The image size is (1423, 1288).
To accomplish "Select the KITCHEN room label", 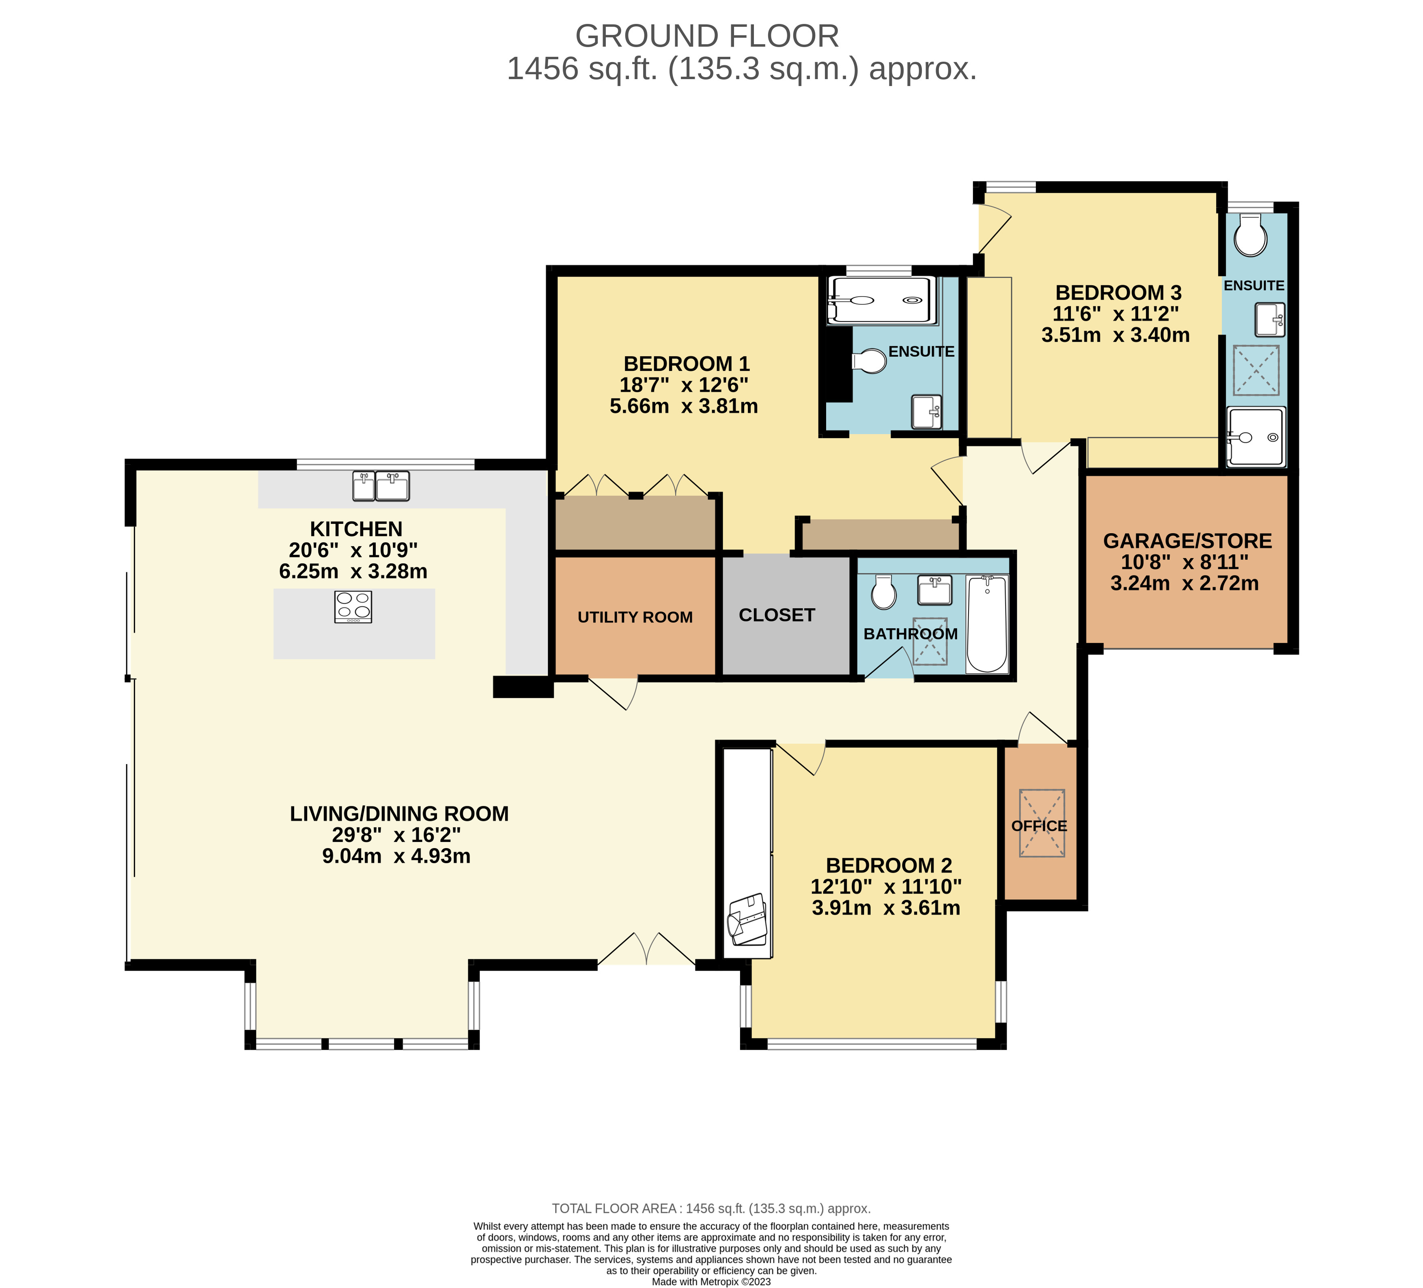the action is pyautogui.click(x=356, y=529).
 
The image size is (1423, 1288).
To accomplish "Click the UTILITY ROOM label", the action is pyautogui.click(x=635, y=618).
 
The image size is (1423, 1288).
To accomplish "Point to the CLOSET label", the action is pyautogui.click(x=777, y=616).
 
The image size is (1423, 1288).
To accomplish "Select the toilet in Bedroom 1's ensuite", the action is pyautogui.click(x=870, y=361).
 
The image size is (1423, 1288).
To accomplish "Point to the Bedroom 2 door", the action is pyautogui.click(x=801, y=758).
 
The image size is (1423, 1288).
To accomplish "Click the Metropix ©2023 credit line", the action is pyautogui.click(x=711, y=1282).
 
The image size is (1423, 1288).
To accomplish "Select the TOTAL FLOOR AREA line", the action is pyautogui.click(x=711, y=1208).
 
